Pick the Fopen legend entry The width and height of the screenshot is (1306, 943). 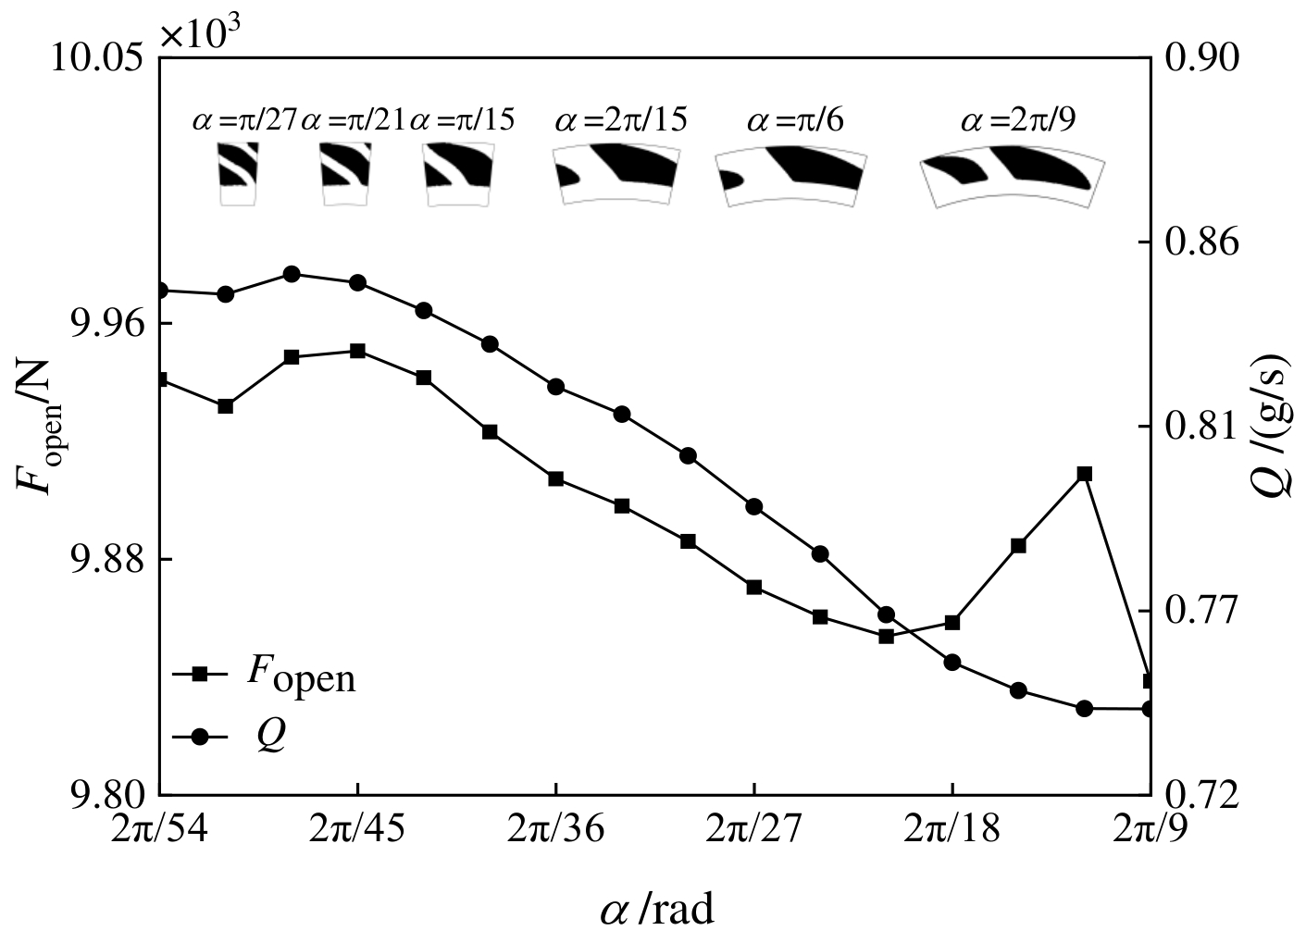point(278,676)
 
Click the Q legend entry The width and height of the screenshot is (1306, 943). point(250,737)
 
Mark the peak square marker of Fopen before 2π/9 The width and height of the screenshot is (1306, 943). point(1085,474)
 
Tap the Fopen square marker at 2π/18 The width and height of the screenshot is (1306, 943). point(952,622)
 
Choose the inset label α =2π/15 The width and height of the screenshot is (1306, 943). point(621,121)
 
